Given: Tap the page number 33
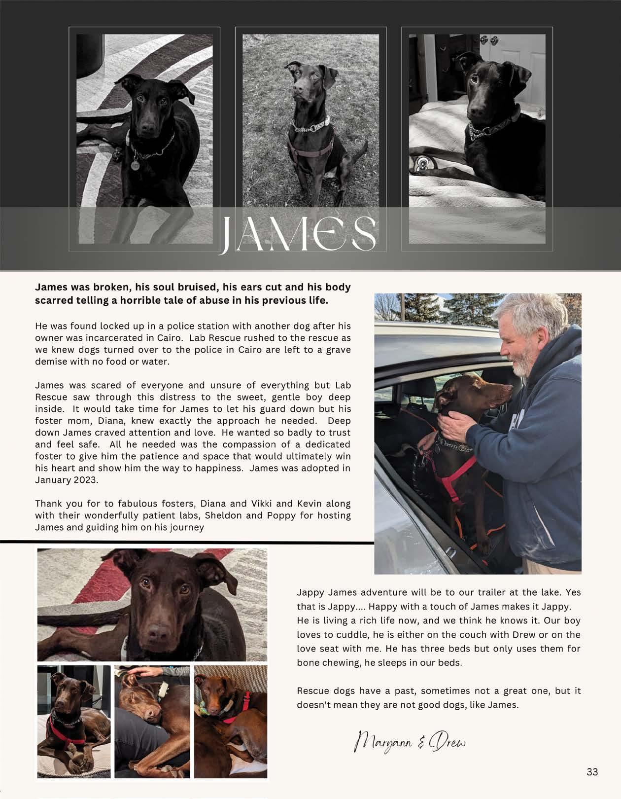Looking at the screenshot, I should (592, 772).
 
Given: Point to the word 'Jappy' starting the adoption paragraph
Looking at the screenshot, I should (310, 592).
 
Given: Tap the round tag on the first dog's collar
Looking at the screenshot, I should (135, 165).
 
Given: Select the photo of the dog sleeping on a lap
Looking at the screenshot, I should (152, 721).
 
